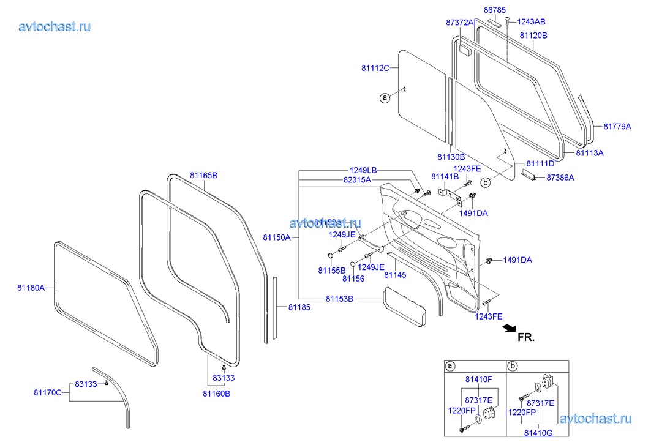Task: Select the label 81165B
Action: pos(203,176)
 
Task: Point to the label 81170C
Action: pos(48,392)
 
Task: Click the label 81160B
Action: pos(217,394)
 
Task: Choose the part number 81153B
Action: pos(339,299)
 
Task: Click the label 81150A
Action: pos(277,237)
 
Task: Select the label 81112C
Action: pos(375,68)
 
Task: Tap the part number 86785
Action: pos(494,10)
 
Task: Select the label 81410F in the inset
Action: pos(478,380)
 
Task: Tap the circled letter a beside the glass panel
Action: pos(385,97)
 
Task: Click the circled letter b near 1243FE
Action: pos(486,182)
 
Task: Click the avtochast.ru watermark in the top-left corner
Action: pos(55,26)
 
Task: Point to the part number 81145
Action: pos(395,275)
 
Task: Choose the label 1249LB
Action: pos(363,170)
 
